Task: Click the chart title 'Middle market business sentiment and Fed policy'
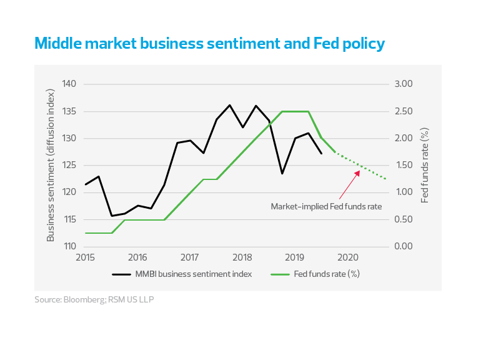pyautogui.click(x=209, y=44)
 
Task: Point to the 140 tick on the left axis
pyautogui.click(x=69, y=84)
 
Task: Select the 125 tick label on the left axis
pyautogui.click(x=69, y=166)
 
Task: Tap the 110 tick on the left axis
pyautogui.click(x=69, y=247)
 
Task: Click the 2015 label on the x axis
pyautogui.click(x=85, y=257)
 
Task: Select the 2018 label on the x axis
pyautogui.click(x=242, y=257)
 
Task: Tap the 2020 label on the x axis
pyautogui.click(x=347, y=257)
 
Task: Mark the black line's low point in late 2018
pyautogui.click(x=282, y=173)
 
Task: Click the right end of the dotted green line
pyautogui.click(x=387, y=179)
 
